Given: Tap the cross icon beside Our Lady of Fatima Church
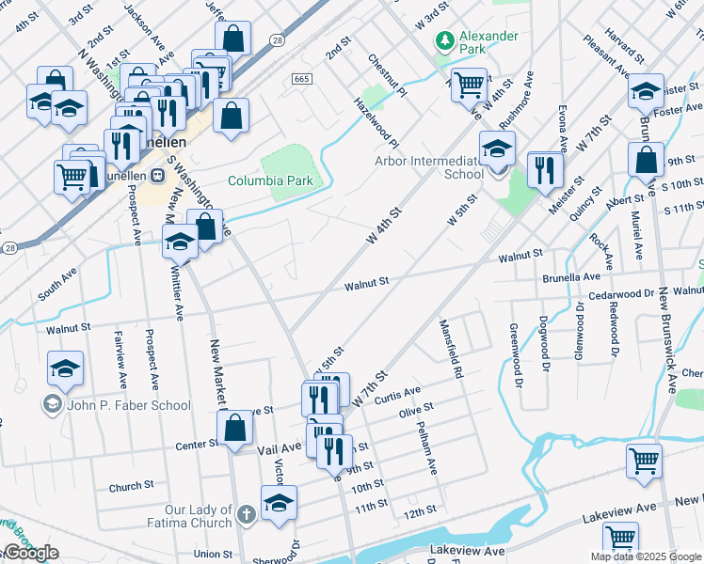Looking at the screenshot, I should click(246, 514).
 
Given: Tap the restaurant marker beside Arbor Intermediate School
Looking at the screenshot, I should click(545, 170).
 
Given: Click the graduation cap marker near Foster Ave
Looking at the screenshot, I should click(647, 90).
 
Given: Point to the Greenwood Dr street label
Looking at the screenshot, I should click(516, 354).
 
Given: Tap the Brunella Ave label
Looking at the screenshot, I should click(570, 277).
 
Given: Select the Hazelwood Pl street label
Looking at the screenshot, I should click(376, 121).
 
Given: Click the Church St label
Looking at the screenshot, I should click(131, 487).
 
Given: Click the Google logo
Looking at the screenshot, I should click(30, 553).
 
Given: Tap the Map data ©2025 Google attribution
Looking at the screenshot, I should click(646, 556).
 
